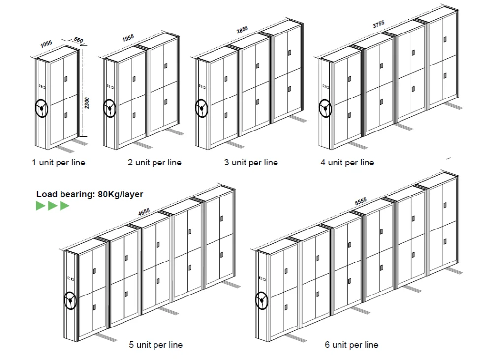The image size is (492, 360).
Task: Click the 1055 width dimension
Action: coord(46,44)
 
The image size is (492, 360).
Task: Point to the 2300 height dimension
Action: coord(87,103)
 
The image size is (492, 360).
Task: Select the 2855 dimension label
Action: coord(242,30)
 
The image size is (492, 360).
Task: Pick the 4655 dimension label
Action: coord(144,212)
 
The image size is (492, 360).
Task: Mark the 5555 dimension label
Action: coord(361,201)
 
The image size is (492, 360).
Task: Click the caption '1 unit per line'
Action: coord(59,163)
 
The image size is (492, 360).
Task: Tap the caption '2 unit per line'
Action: coord(154,163)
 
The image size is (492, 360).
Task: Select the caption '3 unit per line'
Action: coord(251,163)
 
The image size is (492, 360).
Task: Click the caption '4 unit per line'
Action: coord(347,163)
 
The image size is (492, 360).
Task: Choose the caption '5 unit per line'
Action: coord(155,345)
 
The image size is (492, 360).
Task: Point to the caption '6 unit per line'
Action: coord(351,345)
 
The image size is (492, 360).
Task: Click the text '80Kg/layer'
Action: coord(121,194)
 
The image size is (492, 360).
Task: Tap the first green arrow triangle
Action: coord(41,205)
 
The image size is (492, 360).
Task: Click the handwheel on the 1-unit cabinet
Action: coord(42,109)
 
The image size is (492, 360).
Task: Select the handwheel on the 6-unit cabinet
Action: coord(261,300)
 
